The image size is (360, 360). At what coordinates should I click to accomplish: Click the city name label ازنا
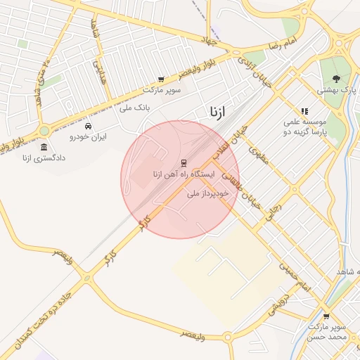coord(217,112)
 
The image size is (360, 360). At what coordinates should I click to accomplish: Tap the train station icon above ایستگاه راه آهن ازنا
coord(184,162)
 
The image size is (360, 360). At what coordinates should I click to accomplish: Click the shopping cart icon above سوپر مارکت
coord(161,80)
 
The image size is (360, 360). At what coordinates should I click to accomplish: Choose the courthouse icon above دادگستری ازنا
coord(44,148)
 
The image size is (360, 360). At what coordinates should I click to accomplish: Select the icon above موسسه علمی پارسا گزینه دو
coord(304,111)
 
